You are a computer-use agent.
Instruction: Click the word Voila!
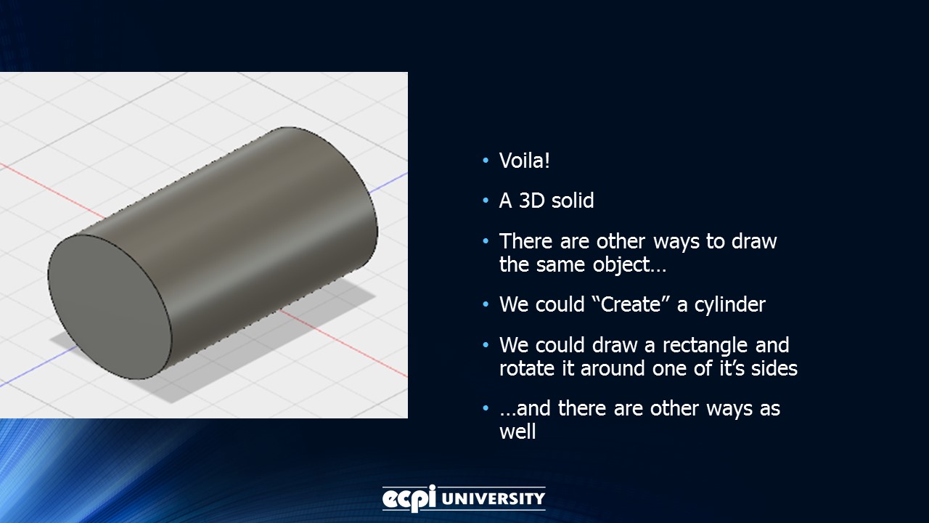click(524, 161)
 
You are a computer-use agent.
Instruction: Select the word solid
click(572, 200)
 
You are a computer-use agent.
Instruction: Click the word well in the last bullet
click(517, 431)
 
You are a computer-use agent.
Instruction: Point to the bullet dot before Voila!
click(486, 161)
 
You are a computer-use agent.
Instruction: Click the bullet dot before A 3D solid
click(486, 201)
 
